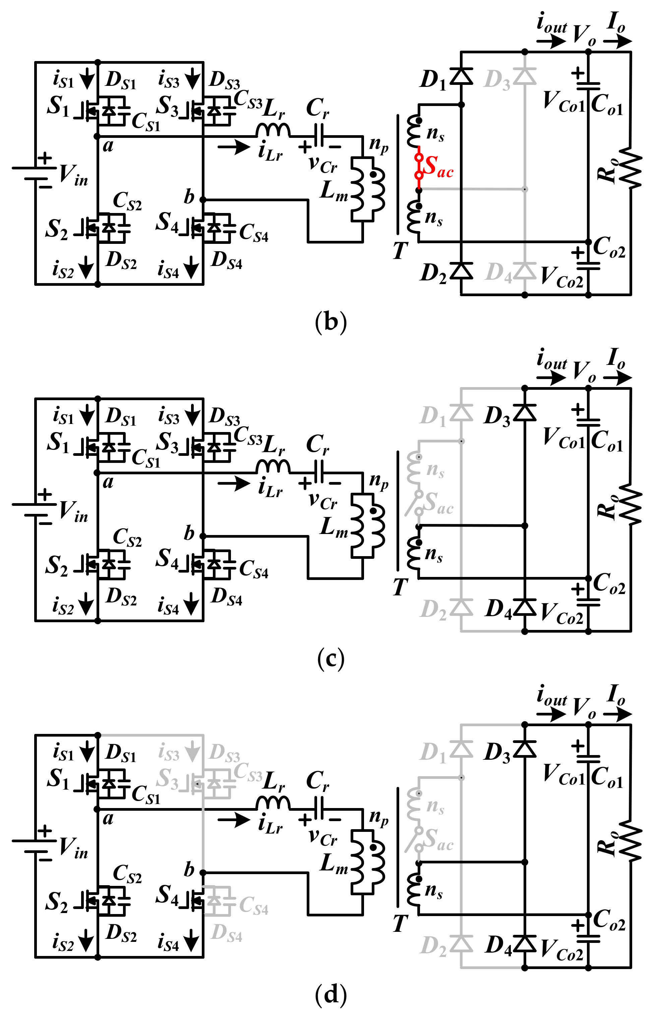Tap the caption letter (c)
[x=331, y=659]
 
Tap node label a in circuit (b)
[x=108, y=146]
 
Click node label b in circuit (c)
[x=189, y=533]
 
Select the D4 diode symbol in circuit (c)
[x=525, y=607]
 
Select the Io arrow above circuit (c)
[x=617, y=377]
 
